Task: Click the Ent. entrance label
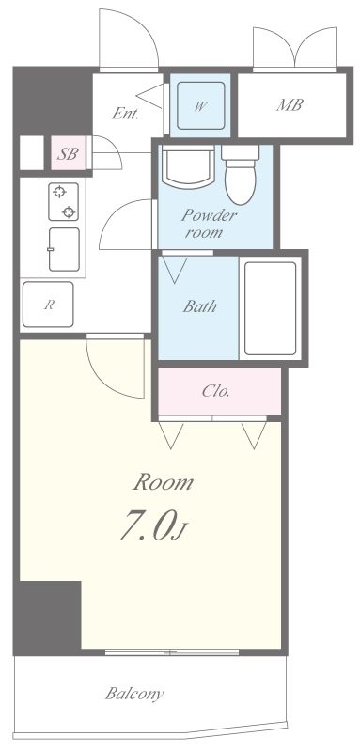[x=125, y=114]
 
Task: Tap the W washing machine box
[x=200, y=106]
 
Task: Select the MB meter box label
[x=289, y=105]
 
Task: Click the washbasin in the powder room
[x=187, y=169]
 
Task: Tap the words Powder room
[x=210, y=222]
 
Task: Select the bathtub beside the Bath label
[x=270, y=306]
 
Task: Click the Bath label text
[x=200, y=305]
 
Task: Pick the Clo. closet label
[x=217, y=391]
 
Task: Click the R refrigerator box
[x=50, y=305]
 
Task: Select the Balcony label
[x=134, y=695]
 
